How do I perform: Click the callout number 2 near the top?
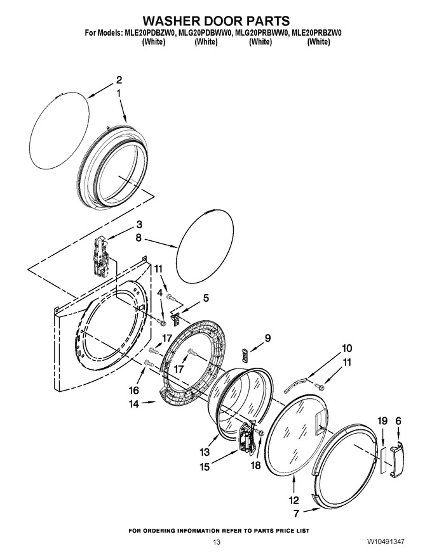[119, 80]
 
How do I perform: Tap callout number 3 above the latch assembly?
[139, 224]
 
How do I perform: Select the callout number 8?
[138, 237]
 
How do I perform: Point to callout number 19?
[382, 421]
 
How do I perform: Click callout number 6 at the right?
[398, 421]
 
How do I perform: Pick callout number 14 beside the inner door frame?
[133, 405]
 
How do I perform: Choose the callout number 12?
[294, 500]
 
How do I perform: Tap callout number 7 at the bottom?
[296, 514]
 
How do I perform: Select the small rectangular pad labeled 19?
[382, 460]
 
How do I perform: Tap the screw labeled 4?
[161, 322]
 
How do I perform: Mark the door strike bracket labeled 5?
[176, 318]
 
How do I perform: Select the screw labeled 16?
[149, 363]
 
